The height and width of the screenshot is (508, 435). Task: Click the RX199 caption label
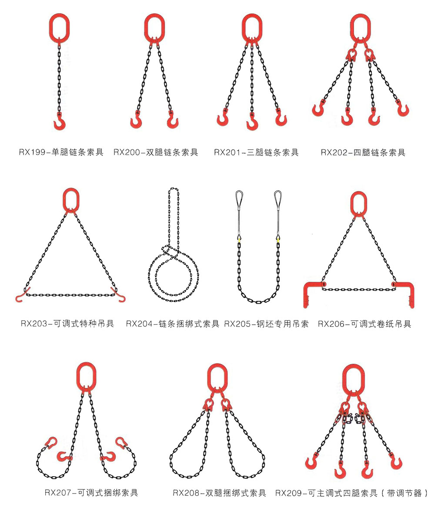coord(61,152)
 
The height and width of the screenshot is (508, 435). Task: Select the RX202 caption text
coord(363,153)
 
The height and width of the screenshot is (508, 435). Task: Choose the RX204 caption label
coord(173,324)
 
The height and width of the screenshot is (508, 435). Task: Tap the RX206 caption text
coord(365,324)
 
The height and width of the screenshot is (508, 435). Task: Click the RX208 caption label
coord(219,493)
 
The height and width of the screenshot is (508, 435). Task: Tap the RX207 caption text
coord(91,493)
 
